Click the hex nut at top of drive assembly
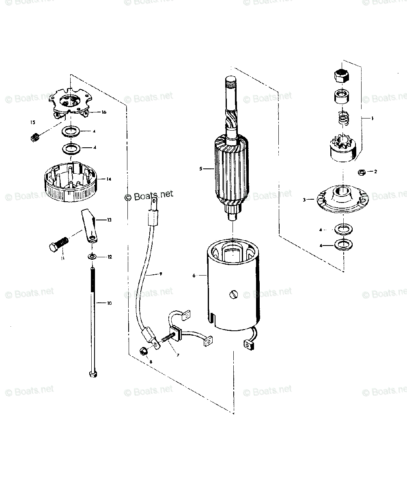(342, 75)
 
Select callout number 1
(373, 118)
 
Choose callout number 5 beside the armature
(200, 168)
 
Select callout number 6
(194, 276)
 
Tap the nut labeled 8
(143, 351)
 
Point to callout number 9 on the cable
(160, 274)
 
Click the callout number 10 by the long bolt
(109, 303)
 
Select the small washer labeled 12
(93, 257)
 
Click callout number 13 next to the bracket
(109, 220)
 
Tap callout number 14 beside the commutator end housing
(109, 179)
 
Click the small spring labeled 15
(35, 138)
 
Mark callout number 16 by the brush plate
(104, 112)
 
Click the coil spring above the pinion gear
(342, 119)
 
